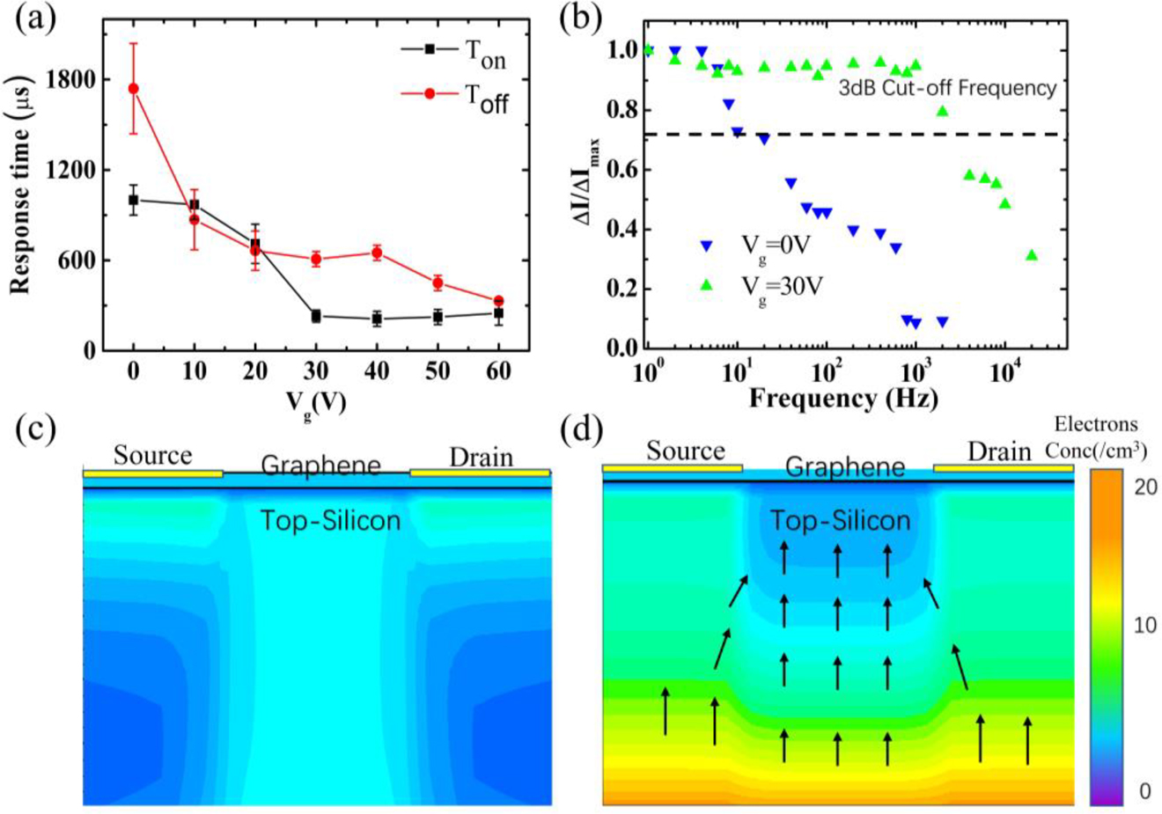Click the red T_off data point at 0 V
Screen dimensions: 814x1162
pyautogui.click(x=133, y=88)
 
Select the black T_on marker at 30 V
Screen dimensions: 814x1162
pyautogui.click(x=315, y=316)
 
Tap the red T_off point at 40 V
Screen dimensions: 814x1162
pyautogui.click(x=377, y=253)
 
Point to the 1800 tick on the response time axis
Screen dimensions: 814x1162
pyautogui.click(x=75, y=79)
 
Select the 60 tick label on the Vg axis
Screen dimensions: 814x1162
pyautogui.click(x=498, y=371)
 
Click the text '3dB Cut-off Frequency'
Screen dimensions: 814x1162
pyautogui.click(x=946, y=88)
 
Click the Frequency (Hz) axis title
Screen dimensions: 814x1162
pyautogui.click(x=842, y=398)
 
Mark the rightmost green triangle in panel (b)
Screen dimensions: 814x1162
pyautogui.click(x=1032, y=255)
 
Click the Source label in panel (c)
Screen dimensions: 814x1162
pyautogui.click(x=152, y=455)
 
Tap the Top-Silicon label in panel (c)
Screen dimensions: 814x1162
pyautogui.click(x=330, y=521)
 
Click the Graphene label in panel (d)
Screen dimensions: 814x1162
pyautogui.click(x=844, y=466)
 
